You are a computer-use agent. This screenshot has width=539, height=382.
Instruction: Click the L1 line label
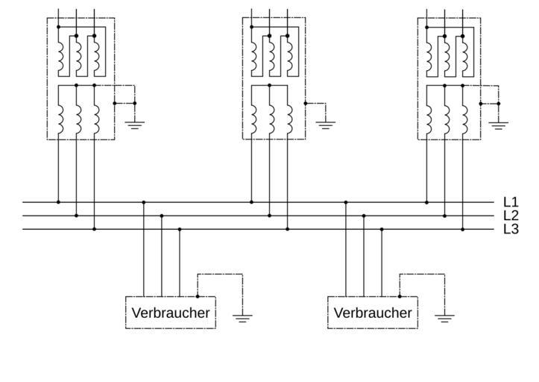(x=511, y=201)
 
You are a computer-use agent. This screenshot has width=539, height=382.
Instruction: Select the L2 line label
(x=511, y=216)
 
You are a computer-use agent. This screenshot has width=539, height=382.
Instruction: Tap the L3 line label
(x=511, y=229)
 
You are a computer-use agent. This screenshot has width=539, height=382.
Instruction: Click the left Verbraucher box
(x=171, y=313)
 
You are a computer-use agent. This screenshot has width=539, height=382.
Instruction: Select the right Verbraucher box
(x=373, y=313)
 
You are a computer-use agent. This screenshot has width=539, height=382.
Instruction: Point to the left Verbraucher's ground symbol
(x=242, y=319)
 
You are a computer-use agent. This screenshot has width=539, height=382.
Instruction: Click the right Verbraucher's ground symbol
(x=444, y=319)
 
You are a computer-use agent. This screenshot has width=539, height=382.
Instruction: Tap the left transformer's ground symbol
(x=135, y=124)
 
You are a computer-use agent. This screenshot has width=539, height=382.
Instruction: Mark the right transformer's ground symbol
(x=499, y=124)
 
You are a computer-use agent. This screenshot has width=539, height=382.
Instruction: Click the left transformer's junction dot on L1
(x=58, y=201)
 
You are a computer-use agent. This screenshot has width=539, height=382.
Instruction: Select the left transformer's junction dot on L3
(x=94, y=229)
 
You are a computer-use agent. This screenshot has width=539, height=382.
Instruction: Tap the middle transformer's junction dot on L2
(x=269, y=216)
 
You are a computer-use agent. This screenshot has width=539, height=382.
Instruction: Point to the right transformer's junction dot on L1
(x=426, y=201)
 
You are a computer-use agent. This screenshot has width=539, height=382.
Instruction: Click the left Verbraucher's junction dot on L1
(x=144, y=201)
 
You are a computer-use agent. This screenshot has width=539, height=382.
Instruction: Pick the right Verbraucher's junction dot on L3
(x=382, y=229)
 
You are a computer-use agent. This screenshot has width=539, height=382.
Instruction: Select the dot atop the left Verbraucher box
(x=198, y=296)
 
